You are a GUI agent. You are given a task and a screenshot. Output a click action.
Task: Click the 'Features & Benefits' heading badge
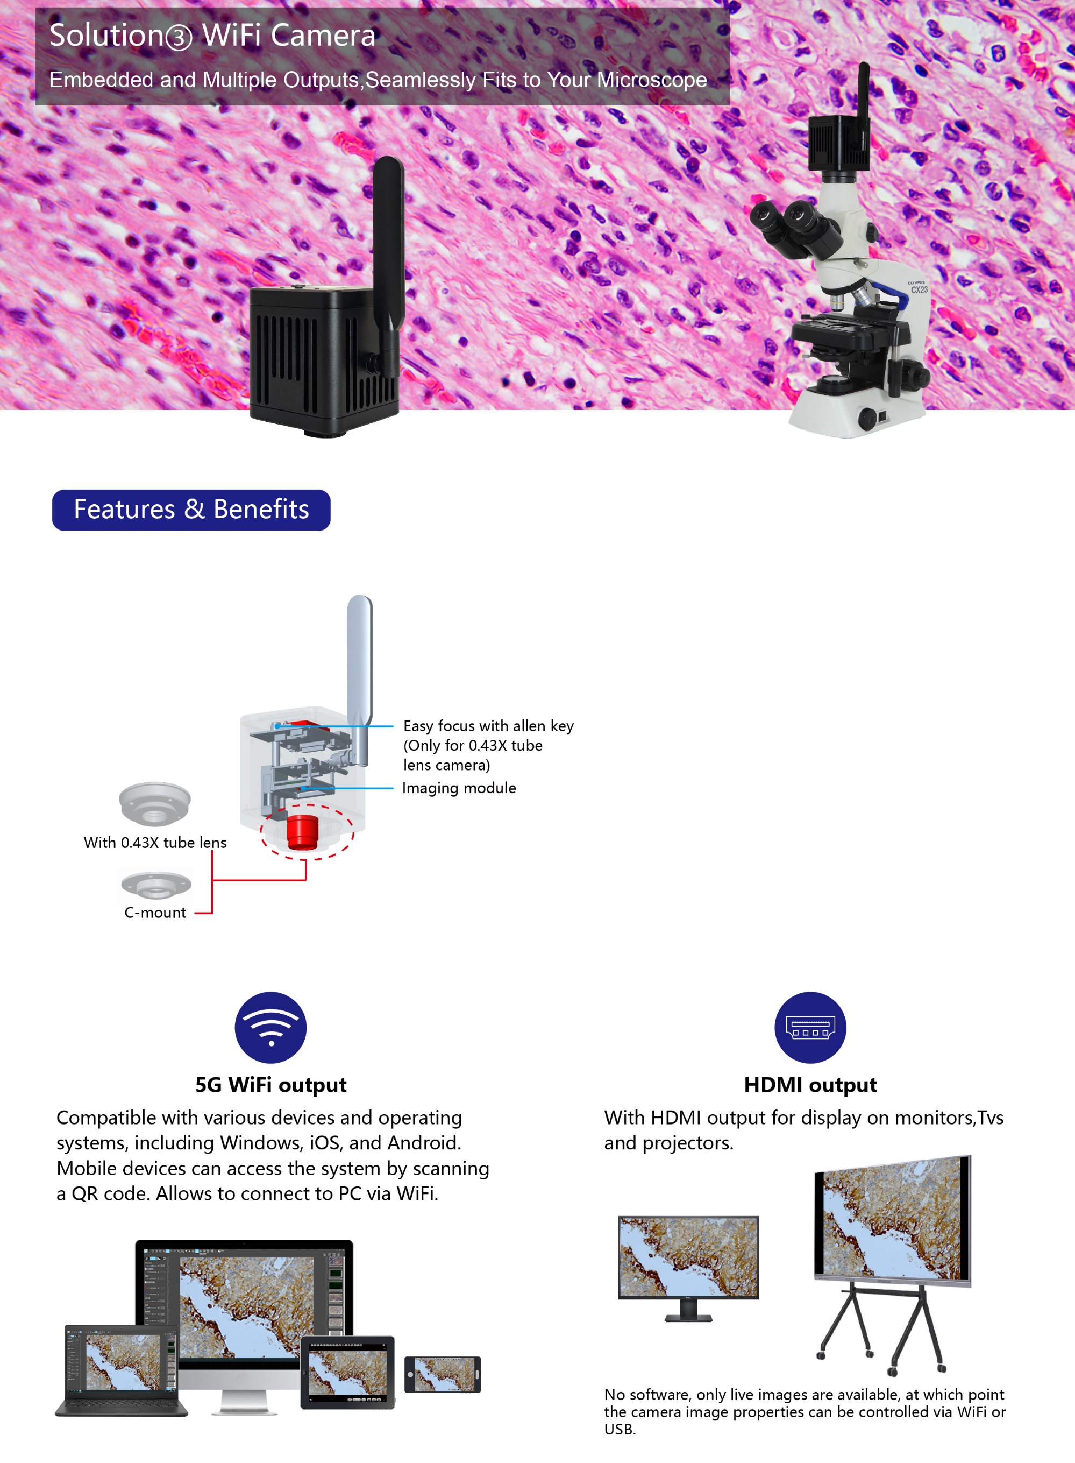191,510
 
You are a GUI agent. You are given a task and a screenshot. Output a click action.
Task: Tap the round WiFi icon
270,1027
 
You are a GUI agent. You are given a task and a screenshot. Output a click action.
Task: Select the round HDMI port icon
810,1027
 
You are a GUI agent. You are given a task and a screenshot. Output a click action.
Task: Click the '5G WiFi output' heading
270,1085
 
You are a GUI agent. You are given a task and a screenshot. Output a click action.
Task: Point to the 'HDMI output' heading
810,1085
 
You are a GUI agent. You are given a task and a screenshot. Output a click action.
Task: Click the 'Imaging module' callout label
459,788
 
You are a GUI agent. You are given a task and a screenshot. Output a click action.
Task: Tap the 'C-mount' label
155,912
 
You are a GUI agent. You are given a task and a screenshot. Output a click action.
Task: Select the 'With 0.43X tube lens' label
155,843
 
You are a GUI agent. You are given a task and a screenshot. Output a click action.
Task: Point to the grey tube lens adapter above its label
155,804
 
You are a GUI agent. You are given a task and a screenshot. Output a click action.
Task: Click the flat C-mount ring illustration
156,885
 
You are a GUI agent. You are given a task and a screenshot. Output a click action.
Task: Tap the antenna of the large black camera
388,267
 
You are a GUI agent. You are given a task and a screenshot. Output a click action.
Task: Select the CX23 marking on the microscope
919,289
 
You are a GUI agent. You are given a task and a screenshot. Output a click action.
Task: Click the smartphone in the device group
443,1374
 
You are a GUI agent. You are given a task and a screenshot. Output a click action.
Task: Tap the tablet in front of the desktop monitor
347,1373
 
